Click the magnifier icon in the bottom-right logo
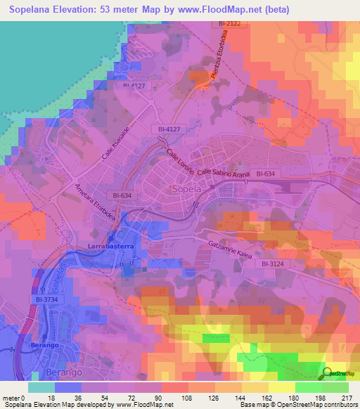(x=328, y=373)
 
